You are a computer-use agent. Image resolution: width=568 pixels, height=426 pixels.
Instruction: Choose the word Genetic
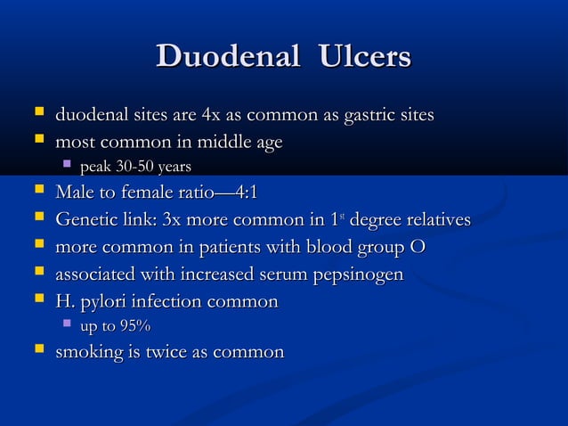point(85,219)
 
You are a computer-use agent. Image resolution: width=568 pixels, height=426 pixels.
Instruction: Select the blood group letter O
point(417,245)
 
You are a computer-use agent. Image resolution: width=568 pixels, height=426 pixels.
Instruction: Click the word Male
point(75,193)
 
